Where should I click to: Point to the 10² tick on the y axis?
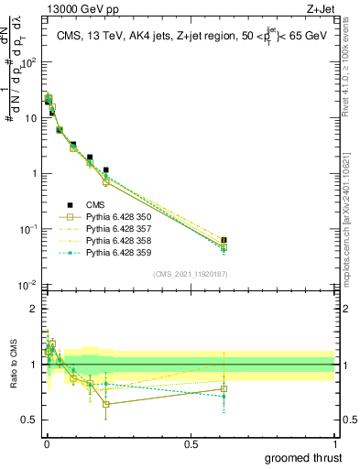28,62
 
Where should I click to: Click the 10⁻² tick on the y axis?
28,285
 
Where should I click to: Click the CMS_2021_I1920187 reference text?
190,274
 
